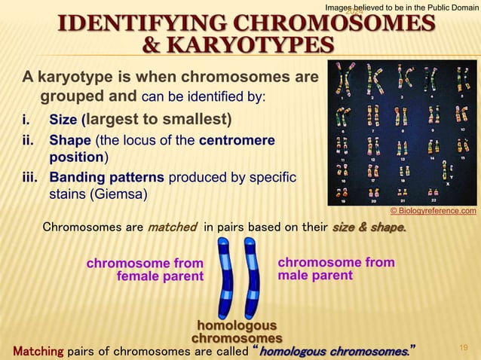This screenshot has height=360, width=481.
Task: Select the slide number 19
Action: pyautogui.click(x=464, y=347)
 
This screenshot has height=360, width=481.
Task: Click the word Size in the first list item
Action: pyautogui.click(x=63, y=121)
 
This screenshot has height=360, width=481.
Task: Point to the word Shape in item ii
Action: pyautogui.click(x=69, y=141)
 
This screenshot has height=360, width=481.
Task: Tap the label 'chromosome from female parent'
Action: pyautogui.click(x=146, y=270)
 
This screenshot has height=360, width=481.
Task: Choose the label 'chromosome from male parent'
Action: pyautogui.click(x=335, y=269)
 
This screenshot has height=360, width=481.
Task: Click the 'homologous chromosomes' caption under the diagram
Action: pyautogui.click(x=237, y=332)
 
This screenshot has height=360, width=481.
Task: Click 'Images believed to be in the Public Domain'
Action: pyautogui.click(x=401, y=7)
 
